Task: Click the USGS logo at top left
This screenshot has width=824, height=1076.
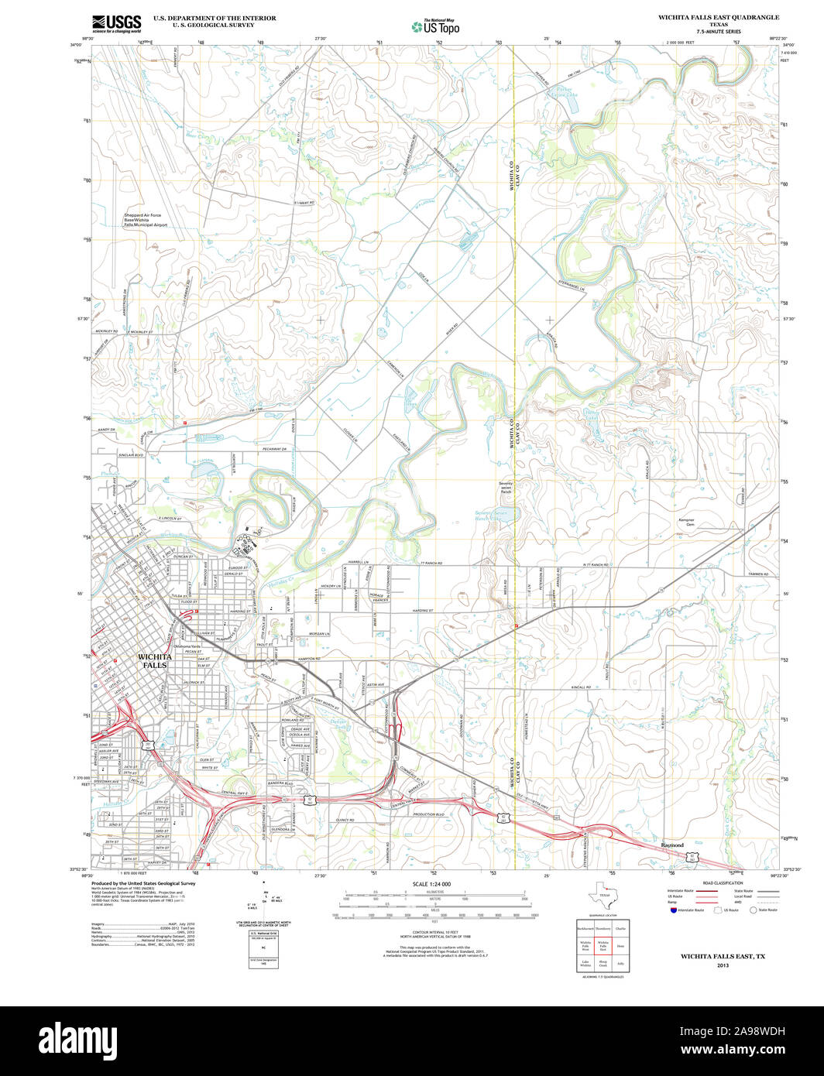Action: [116, 22]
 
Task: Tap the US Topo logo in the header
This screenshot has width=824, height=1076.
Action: [435, 26]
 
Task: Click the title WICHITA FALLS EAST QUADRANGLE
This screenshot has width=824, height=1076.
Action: [719, 17]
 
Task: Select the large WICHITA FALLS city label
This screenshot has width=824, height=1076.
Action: [153, 660]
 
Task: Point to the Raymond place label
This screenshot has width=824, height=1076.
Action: [672, 845]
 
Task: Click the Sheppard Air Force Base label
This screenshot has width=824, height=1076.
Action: [146, 220]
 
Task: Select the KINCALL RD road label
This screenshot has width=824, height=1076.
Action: [579, 687]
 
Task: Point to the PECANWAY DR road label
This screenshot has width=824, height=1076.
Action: [274, 450]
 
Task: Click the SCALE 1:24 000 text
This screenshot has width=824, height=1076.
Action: [431, 884]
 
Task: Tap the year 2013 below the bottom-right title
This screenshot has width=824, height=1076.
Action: [723, 965]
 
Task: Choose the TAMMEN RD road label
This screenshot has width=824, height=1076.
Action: [759, 574]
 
